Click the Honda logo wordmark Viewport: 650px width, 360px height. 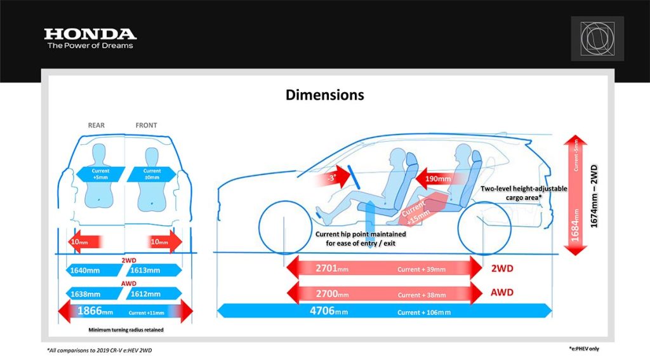click(90, 34)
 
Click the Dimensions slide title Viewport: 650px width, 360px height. click(325, 95)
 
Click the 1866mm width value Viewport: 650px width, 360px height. click(95, 312)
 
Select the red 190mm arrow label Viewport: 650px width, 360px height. click(437, 179)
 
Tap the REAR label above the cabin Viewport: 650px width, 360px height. click(96, 125)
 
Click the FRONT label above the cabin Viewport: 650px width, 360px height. click(146, 125)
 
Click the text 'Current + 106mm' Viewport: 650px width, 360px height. click(424, 312)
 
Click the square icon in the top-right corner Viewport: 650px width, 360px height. click(597, 39)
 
